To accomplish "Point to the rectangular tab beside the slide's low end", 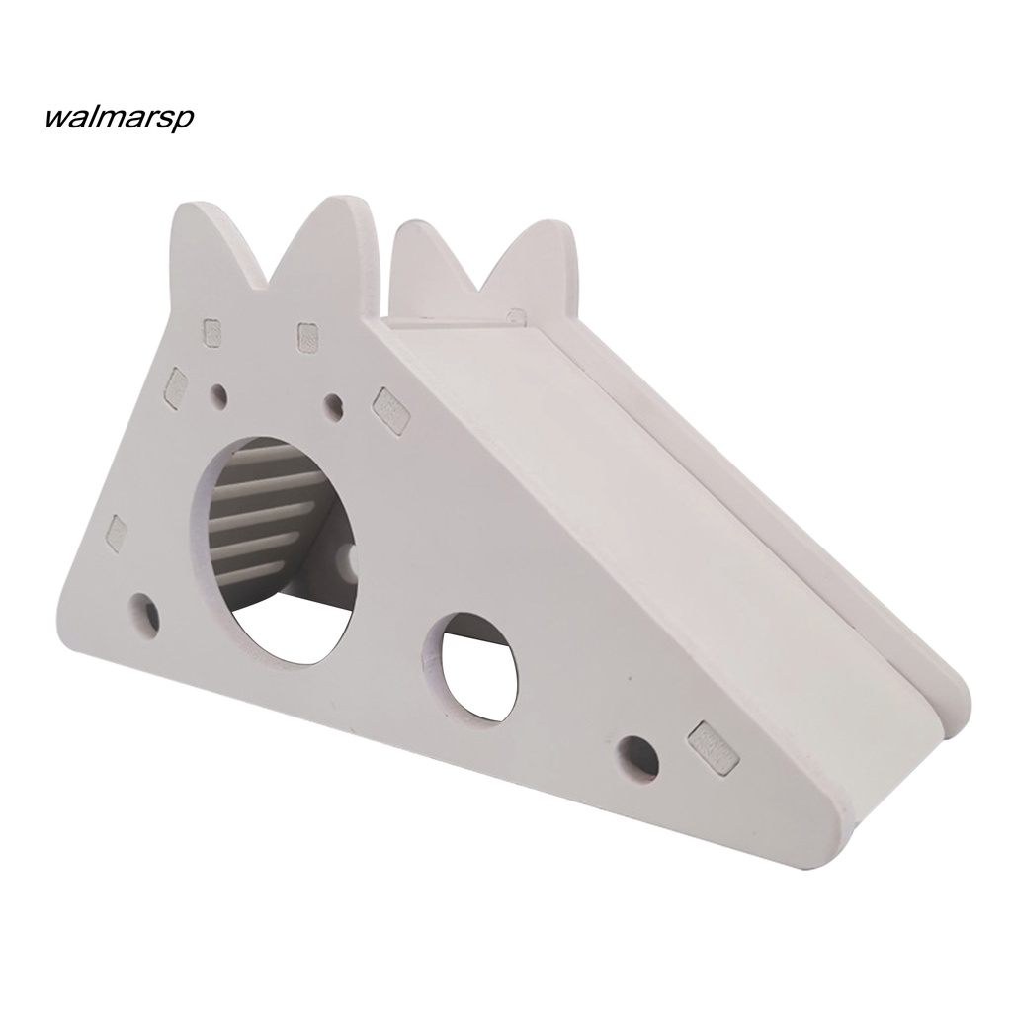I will pyautogui.click(x=715, y=746).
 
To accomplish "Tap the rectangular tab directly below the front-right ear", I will pyautogui.click(x=308, y=337).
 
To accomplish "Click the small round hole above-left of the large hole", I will pyautogui.click(x=218, y=397).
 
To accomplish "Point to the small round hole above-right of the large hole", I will pyautogui.click(x=334, y=403).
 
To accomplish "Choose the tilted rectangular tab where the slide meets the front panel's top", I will pyautogui.click(x=390, y=409).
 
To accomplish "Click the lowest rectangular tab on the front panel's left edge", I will pyautogui.click(x=117, y=534).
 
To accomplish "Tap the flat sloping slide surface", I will pyautogui.click(x=632, y=514).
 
